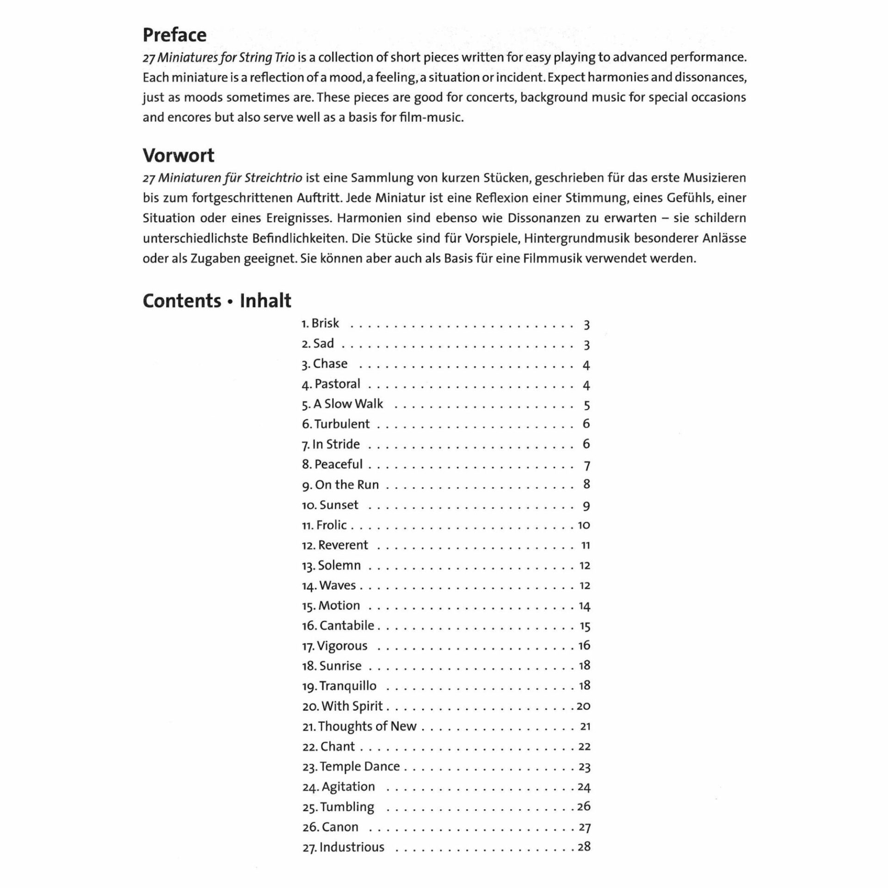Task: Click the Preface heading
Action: [x=174, y=35]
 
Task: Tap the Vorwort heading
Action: [x=178, y=155]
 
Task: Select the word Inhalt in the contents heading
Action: [x=265, y=301]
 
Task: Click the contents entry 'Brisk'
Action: [x=325, y=323]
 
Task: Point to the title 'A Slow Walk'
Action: [x=348, y=404]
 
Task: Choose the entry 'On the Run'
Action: [x=346, y=485]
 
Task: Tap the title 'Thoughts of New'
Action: [x=367, y=726]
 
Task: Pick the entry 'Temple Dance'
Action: [x=359, y=766]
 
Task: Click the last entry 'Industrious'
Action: [x=351, y=847]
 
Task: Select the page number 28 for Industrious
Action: [x=584, y=847]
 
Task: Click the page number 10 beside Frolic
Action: [x=584, y=525]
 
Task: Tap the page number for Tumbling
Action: [x=584, y=807]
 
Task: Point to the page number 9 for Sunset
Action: [x=586, y=506]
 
